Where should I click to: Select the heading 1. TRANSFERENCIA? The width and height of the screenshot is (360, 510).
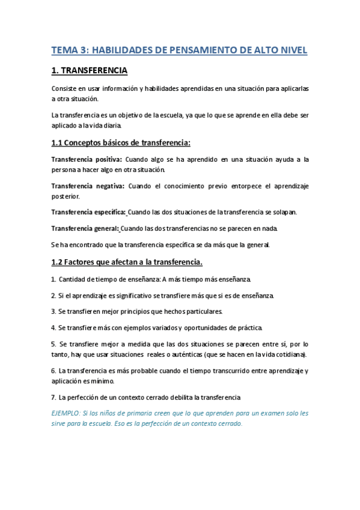pos(89,71)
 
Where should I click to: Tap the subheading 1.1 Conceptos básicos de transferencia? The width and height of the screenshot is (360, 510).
pos(120,143)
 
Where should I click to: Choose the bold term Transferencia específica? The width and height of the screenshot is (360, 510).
pos(88,212)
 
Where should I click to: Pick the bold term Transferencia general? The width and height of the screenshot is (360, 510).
pos(85,229)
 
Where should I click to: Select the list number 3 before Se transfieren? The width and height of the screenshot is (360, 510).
pos(53,312)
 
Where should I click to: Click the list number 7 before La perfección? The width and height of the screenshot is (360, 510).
pos(53,397)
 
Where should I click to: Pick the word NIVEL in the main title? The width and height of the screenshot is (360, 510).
pos(293,51)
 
